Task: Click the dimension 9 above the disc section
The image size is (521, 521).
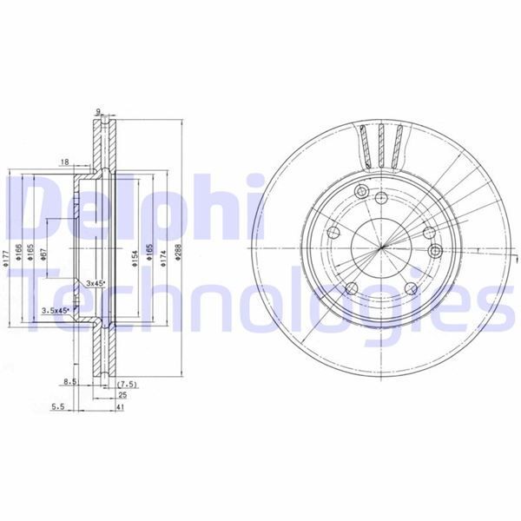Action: point(100,111)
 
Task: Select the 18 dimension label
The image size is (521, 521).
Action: point(65,162)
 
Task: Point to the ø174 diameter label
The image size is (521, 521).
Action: point(163,258)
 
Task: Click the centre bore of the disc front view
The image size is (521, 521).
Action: point(382,250)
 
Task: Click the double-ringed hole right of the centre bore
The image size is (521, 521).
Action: point(437,251)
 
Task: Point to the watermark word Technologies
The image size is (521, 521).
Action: point(260,300)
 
